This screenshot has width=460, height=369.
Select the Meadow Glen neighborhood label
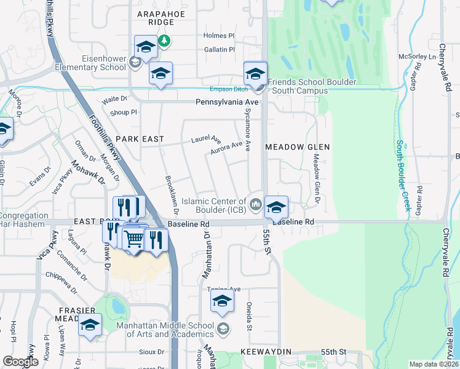(x=298, y=147)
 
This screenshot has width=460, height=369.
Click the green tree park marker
(x=164, y=42)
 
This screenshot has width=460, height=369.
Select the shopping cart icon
(x=134, y=239)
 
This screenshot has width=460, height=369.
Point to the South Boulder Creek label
(x=403, y=176)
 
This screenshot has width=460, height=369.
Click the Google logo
(x=20, y=362)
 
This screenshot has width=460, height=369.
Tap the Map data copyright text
(x=433, y=364)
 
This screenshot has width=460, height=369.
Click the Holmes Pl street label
(x=220, y=36)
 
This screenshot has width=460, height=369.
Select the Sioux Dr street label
(x=152, y=352)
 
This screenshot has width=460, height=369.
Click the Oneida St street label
(x=250, y=317)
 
